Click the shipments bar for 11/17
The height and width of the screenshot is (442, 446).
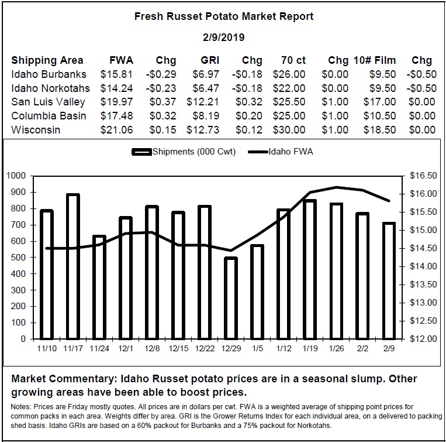click(73, 266)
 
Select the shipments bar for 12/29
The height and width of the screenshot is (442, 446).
click(231, 298)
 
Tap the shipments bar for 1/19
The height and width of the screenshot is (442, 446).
click(310, 269)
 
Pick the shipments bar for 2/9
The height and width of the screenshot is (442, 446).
click(389, 281)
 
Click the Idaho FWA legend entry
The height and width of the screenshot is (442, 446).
click(281, 152)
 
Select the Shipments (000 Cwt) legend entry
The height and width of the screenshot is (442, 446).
click(184, 152)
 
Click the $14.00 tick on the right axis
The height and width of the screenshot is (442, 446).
click(423, 266)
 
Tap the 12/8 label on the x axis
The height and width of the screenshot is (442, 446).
click(152, 348)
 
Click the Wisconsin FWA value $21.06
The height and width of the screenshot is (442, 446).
click(117, 130)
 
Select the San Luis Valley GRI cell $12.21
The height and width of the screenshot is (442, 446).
click(203, 102)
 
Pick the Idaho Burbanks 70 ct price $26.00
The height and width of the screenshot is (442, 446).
click(289, 74)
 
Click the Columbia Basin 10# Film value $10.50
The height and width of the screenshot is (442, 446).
click(379, 116)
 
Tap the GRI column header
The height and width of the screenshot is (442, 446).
click(210, 60)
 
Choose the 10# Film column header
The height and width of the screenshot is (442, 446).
click(375, 60)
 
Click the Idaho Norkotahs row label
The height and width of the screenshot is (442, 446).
click(51, 88)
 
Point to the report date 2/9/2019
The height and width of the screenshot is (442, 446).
click(224, 37)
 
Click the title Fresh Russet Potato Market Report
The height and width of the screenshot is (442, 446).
click(224, 16)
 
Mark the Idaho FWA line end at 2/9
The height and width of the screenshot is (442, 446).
click(389, 201)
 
